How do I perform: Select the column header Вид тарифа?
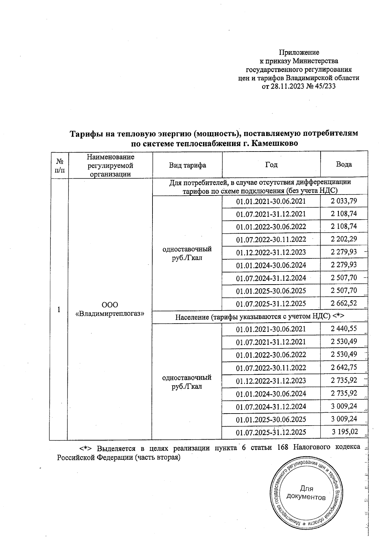point(187,165)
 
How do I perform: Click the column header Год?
point(271,165)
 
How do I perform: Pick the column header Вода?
point(344,165)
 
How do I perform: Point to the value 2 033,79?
point(344,201)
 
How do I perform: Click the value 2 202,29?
point(344,239)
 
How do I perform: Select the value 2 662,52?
point(344,303)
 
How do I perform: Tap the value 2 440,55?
point(344,329)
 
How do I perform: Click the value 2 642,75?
point(344,367)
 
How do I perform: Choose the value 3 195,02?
point(345,432)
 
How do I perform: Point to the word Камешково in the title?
point(275,143)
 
